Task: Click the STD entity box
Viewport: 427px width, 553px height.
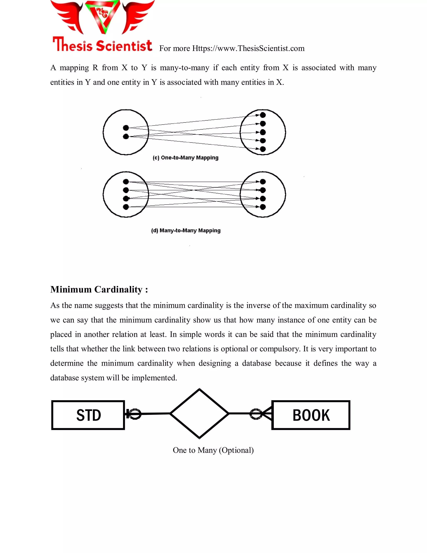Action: click(88, 415)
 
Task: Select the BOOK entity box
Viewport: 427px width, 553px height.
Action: click(311, 415)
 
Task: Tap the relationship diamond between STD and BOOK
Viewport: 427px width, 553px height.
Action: click(199, 413)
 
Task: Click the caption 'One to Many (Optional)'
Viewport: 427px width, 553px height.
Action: click(213, 450)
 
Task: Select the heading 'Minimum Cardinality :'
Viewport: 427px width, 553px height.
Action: click(99, 289)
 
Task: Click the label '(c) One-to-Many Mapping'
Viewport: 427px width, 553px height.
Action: click(185, 158)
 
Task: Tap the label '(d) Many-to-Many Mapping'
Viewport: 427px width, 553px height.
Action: click(186, 231)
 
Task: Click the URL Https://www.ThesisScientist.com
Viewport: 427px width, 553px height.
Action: click(248, 48)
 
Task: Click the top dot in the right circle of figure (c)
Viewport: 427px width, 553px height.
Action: click(263, 115)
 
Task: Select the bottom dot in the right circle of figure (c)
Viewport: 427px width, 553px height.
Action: click(263, 149)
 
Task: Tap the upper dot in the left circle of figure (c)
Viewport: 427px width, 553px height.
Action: click(126, 128)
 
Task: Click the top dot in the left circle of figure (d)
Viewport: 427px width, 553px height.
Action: click(126, 182)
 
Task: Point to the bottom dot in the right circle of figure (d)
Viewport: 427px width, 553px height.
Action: click(263, 207)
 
